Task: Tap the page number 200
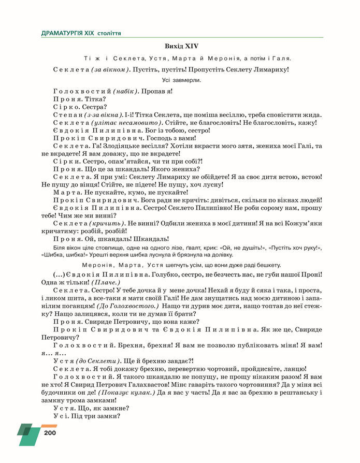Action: click(x=50, y=432)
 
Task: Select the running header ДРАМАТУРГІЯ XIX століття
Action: click(x=81, y=33)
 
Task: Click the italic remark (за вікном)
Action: click(x=109, y=69)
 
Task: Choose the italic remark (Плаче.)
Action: click(x=106, y=282)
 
